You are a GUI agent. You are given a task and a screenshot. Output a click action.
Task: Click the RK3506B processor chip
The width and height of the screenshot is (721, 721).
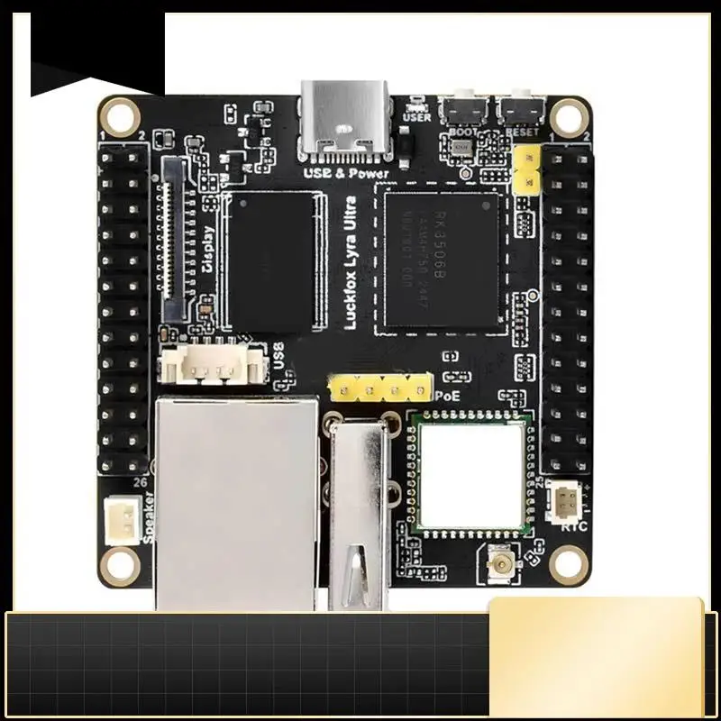pos(441,260)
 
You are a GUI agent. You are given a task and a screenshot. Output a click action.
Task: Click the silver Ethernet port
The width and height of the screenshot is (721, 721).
pos(236,500)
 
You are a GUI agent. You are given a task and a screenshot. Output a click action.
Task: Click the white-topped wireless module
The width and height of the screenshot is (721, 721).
pos(470,474)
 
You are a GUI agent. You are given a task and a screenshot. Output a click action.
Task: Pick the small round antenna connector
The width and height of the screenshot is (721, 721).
pos(497,565)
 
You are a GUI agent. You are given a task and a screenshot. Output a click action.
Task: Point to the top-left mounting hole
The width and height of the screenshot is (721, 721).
pos(119,114)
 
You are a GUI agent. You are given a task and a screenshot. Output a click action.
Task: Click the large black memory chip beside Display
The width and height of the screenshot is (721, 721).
pos(271,261)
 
